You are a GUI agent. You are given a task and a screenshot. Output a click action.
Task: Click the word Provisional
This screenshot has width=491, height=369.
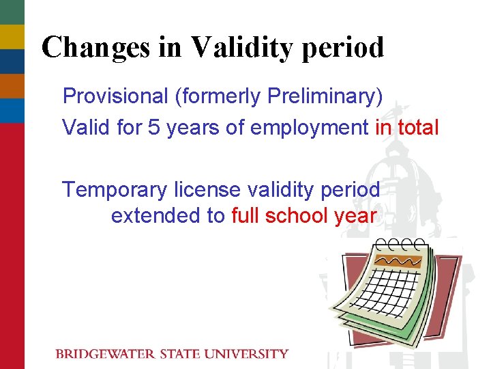click(115, 96)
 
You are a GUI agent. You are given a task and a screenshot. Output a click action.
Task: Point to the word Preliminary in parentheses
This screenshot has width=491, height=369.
click(324, 96)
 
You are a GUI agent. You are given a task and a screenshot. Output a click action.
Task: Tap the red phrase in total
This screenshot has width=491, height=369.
click(407, 127)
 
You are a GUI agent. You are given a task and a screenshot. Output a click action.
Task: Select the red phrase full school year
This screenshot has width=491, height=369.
click(304, 216)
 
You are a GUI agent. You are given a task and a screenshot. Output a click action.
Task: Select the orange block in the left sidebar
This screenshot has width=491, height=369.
click(12, 86)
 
